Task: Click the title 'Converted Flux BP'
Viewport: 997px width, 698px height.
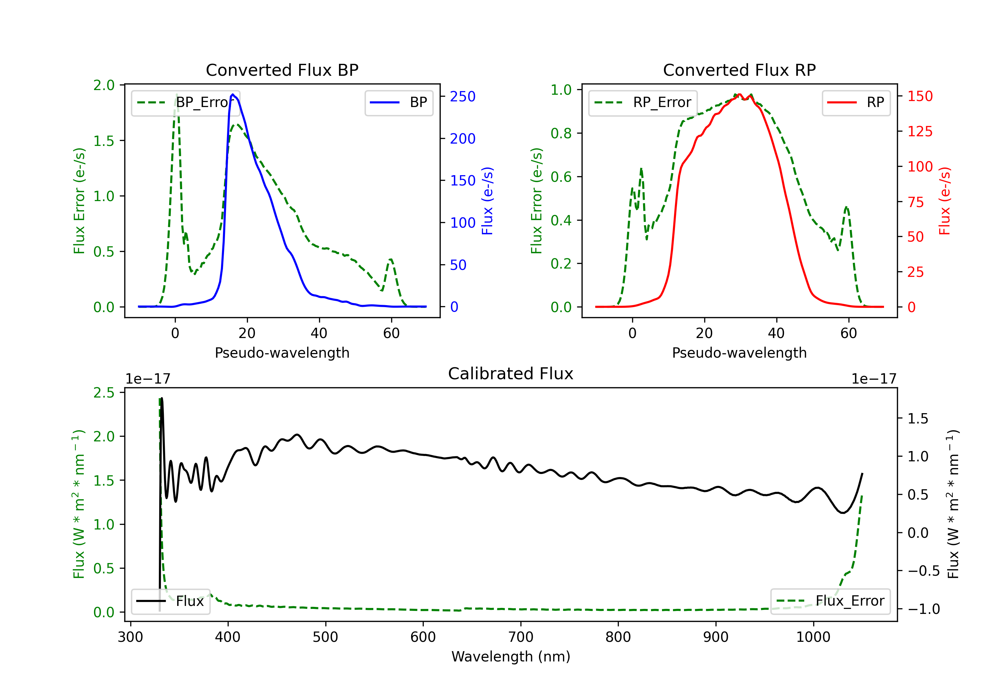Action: [x=282, y=70]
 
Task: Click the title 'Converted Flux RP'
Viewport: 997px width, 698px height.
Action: [x=739, y=70]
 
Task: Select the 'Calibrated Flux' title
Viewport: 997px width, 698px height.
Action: [x=511, y=374]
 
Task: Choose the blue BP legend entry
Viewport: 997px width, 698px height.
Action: [x=398, y=102]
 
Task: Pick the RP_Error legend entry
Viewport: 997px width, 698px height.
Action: [x=643, y=102]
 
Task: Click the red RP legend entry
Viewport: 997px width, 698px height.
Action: [x=856, y=102]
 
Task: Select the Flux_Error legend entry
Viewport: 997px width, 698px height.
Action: [x=830, y=601]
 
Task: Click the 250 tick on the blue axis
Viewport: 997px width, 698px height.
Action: [x=463, y=96]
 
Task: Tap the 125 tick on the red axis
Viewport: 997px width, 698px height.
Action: [x=920, y=131]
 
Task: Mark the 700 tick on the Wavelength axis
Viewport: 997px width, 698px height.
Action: [x=521, y=637]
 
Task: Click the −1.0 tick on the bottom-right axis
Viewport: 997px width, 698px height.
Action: [x=924, y=609]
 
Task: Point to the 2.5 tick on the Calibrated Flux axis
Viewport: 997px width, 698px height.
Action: [x=104, y=393]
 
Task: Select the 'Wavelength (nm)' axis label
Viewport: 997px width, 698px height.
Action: [x=511, y=656]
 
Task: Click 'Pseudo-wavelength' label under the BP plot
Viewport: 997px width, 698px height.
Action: [x=282, y=353]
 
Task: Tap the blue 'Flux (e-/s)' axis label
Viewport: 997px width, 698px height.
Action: [x=487, y=201]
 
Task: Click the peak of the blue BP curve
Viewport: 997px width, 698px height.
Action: [x=233, y=94]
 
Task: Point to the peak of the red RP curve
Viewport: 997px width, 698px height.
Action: [x=739, y=94]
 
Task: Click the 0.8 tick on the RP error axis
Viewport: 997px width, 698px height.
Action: [x=561, y=133]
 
